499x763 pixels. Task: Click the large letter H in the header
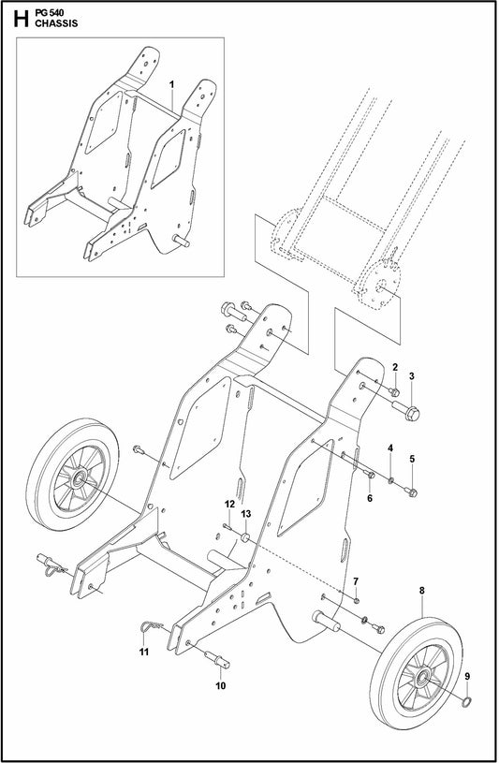[15, 18]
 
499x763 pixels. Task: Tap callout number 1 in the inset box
[172, 84]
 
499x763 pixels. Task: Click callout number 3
[411, 375]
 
